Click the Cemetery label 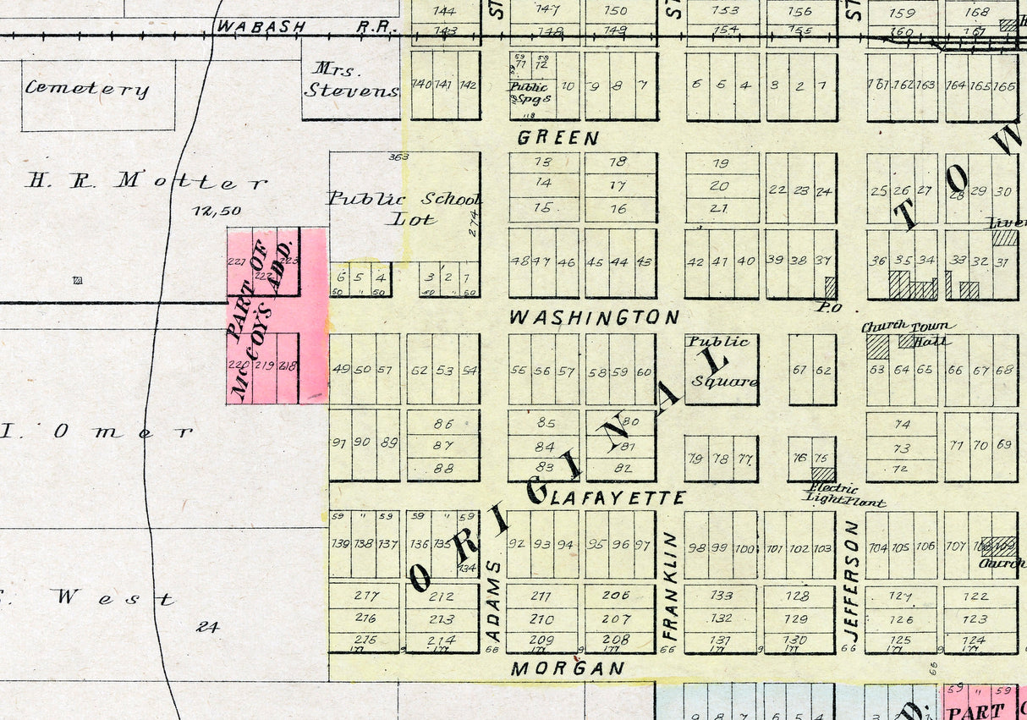[x=87, y=88]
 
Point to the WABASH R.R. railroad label [x=305, y=26]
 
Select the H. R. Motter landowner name [x=147, y=181]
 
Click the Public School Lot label [x=405, y=208]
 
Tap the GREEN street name [x=558, y=138]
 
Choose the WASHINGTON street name [x=594, y=317]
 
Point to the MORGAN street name [x=568, y=668]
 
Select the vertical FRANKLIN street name [x=670, y=585]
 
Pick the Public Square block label [x=721, y=361]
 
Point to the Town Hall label [x=928, y=333]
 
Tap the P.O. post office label [x=827, y=307]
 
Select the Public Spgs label [x=529, y=92]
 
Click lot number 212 [x=442, y=596]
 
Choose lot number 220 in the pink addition [x=236, y=365]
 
